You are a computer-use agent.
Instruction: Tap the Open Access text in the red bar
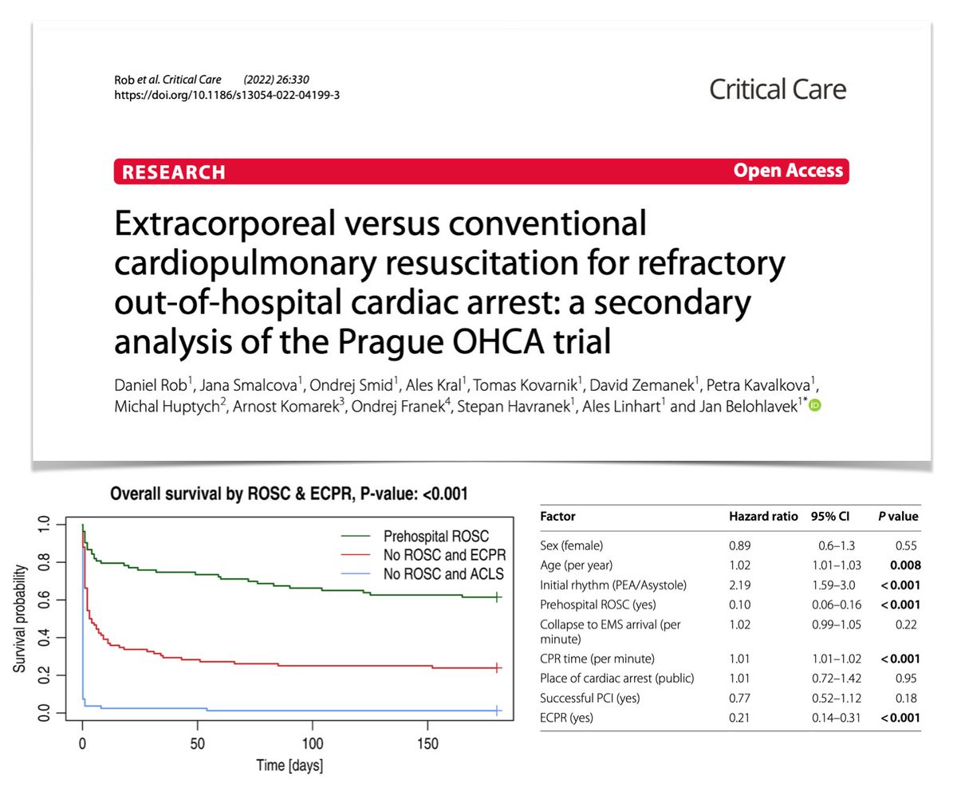(x=787, y=171)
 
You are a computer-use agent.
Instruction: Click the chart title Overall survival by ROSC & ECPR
(x=288, y=493)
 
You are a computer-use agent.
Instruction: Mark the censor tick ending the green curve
(x=497, y=596)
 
